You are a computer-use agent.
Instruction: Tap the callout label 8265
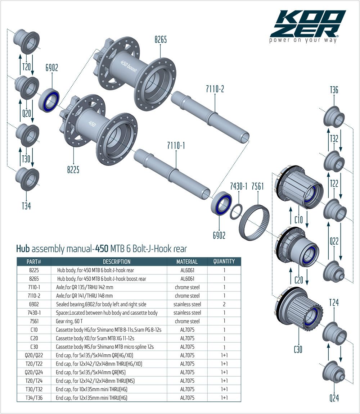pyautogui.click(x=161, y=40)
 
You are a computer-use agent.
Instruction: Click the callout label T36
pyautogui.click(x=334, y=90)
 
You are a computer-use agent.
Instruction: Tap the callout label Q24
pyautogui.click(x=334, y=398)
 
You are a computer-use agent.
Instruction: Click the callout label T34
pyautogui.click(x=26, y=206)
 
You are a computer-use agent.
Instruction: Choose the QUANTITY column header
pyautogui.click(x=224, y=261)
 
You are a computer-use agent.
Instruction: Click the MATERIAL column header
pyautogui.click(x=187, y=262)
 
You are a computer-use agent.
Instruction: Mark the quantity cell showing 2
pyautogui.click(x=224, y=304)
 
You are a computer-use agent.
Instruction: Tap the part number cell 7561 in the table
pyautogui.click(x=34, y=321)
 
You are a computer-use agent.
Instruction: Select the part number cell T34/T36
pyautogui.click(x=34, y=397)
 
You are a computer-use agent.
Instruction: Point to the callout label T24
pyautogui.click(x=334, y=303)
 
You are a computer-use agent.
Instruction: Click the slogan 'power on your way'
pyautogui.click(x=303, y=40)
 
